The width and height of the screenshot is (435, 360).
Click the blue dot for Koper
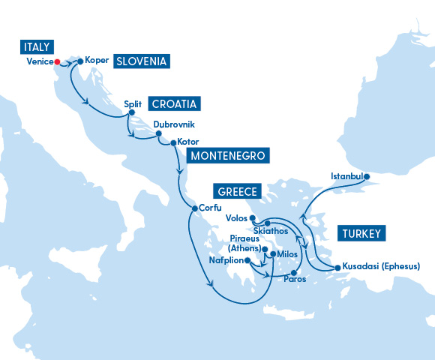(x=80, y=60)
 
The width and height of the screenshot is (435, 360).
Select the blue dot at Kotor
(x=172, y=142)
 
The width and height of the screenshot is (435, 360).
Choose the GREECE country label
(x=236, y=191)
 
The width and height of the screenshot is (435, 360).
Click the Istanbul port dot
(x=366, y=177)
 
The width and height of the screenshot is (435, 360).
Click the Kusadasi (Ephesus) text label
(x=382, y=266)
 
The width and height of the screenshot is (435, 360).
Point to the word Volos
(x=236, y=218)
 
